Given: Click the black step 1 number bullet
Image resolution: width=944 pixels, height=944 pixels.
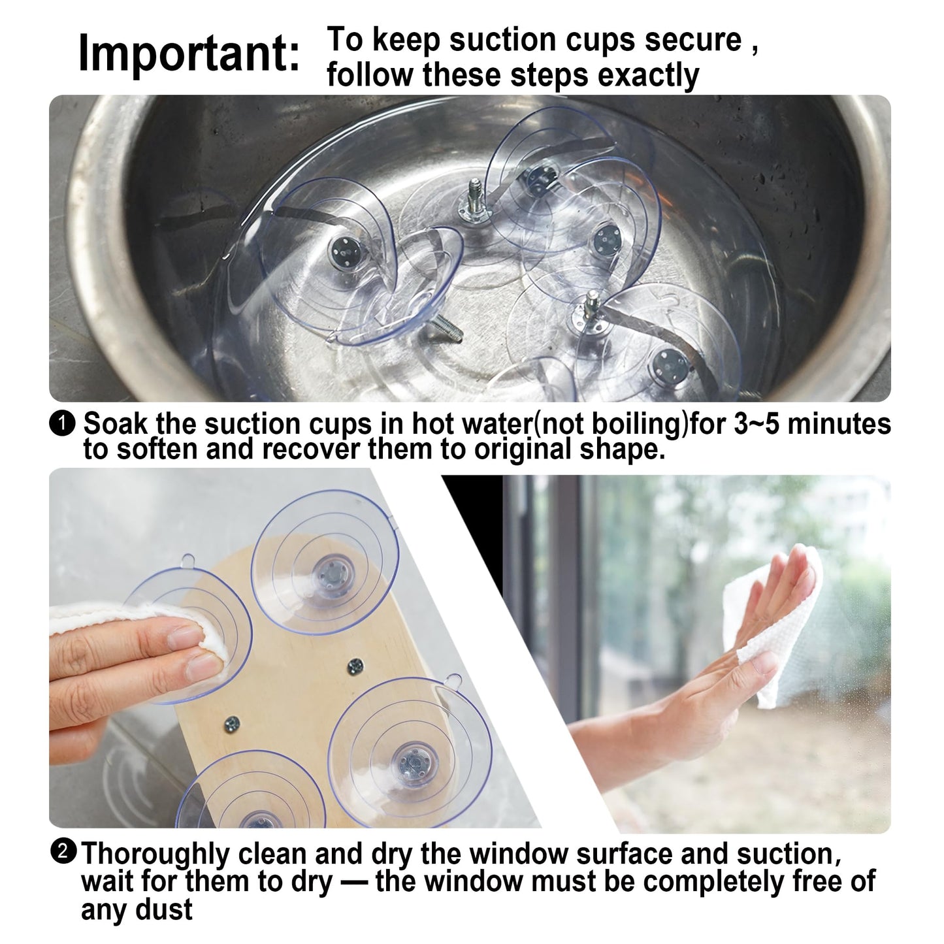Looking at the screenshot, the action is tap(62, 424).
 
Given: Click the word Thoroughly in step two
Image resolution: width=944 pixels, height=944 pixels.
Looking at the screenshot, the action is tap(155, 854).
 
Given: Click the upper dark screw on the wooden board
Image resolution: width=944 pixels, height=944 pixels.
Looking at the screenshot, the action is tap(355, 665).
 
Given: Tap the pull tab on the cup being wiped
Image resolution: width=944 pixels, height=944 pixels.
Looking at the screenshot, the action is tap(189, 561).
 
